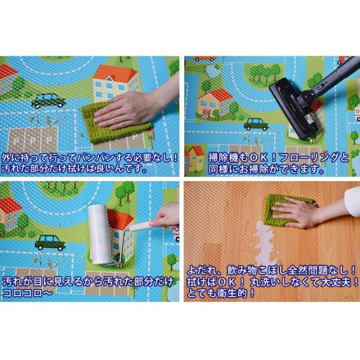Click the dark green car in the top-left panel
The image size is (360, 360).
(x=49, y=101)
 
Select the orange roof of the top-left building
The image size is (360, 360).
(x=116, y=73)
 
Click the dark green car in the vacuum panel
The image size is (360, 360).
(x=256, y=124)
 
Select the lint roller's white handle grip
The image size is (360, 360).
(x=143, y=226)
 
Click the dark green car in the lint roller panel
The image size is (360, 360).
(x=50, y=242)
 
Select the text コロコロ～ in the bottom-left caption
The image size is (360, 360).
(x=28, y=293)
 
